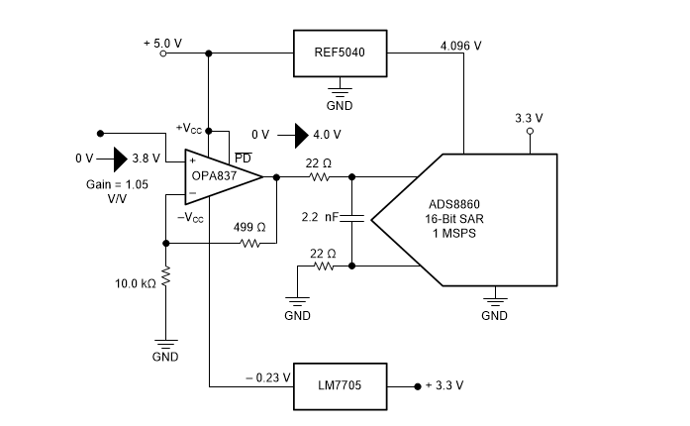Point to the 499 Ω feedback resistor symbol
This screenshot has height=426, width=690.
pos(250,243)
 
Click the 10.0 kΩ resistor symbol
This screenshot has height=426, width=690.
pos(166,276)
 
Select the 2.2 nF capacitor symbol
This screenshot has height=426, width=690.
pos(352,218)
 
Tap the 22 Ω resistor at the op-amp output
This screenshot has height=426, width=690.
pos(320,177)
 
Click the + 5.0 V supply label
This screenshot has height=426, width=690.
pos(162,44)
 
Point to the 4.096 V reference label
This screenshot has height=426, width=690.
pos(460,46)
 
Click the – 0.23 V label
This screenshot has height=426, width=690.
pos(268,377)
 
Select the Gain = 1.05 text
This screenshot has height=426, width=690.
pos(117,184)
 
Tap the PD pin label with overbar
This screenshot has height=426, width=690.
pos(243,158)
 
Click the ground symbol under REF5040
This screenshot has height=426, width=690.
pos(340,91)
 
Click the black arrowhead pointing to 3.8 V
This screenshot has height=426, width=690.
pos(121,160)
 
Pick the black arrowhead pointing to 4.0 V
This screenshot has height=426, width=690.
pos(301,136)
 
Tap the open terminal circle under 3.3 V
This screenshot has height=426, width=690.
pos(530,132)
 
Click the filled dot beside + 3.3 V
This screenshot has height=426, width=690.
pos(418,386)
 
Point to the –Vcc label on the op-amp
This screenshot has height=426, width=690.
pos(190,217)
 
